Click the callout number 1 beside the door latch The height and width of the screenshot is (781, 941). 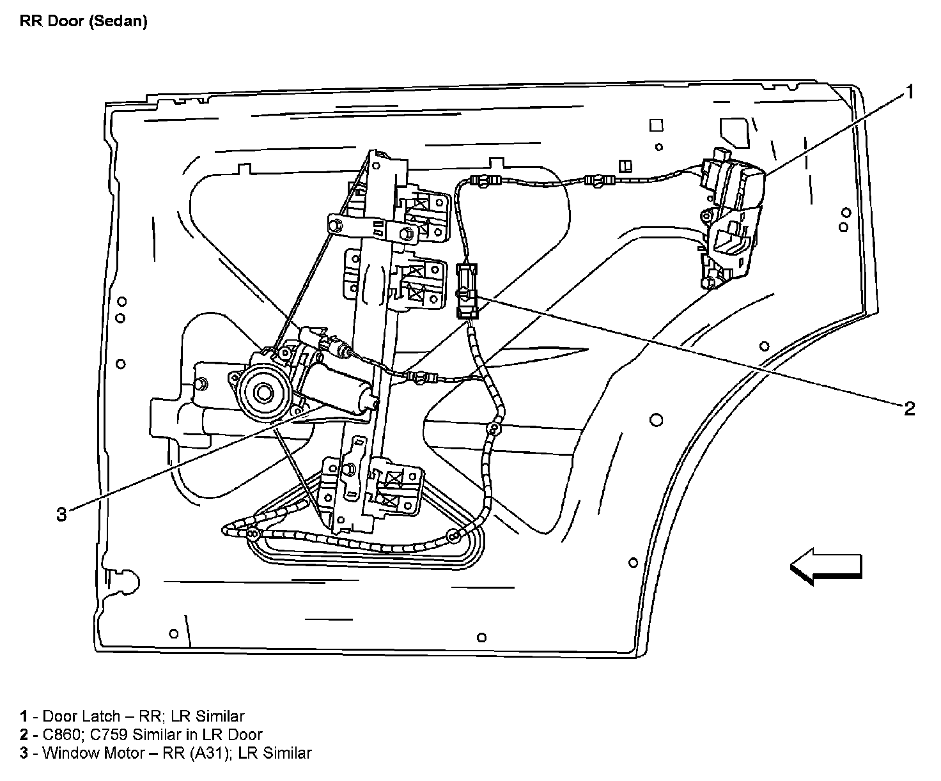(909, 93)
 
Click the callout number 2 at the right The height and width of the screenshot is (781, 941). (909, 408)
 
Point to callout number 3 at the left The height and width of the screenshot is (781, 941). (61, 514)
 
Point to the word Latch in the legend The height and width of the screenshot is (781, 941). (102, 716)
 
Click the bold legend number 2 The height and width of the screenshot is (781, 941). (24, 735)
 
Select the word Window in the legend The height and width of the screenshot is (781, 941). (69, 753)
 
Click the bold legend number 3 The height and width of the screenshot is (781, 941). (24, 753)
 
